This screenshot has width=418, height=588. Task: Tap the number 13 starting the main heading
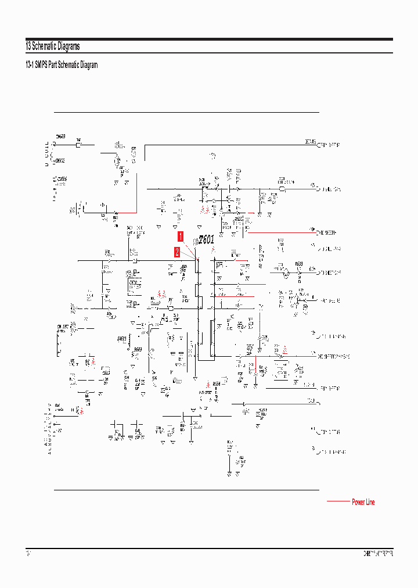click(x=28, y=46)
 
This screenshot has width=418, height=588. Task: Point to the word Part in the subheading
click(x=55, y=65)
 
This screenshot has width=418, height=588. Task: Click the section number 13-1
click(x=29, y=65)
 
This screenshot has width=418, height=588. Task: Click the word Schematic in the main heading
click(x=44, y=46)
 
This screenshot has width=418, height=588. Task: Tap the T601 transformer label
click(x=206, y=239)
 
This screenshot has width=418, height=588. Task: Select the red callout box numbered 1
click(x=181, y=236)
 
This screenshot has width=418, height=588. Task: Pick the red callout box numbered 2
click(x=177, y=252)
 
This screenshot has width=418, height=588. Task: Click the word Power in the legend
click(x=359, y=502)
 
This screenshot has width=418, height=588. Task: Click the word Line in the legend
click(x=370, y=502)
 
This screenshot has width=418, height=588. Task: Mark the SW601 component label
click(x=121, y=338)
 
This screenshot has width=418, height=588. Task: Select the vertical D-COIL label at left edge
click(x=46, y=153)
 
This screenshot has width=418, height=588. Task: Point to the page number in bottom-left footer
click(x=28, y=554)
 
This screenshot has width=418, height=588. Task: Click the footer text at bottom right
click(x=378, y=554)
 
